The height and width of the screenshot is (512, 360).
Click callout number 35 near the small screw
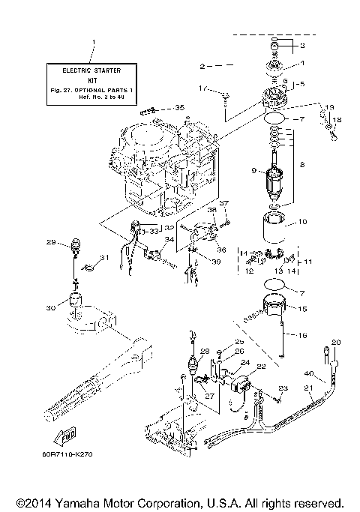click(179, 108)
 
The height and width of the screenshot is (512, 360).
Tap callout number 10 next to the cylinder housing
click(303, 221)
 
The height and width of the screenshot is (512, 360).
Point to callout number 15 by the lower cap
click(302, 308)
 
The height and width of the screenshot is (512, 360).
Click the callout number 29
click(52, 242)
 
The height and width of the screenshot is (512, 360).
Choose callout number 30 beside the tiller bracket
click(50, 307)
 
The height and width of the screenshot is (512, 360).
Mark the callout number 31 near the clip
click(105, 258)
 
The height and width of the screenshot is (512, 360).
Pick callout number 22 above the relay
click(262, 366)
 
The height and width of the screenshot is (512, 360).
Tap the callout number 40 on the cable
click(308, 373)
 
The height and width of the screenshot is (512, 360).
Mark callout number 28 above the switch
click(203, 350)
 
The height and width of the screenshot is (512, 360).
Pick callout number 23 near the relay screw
click(283, 388)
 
